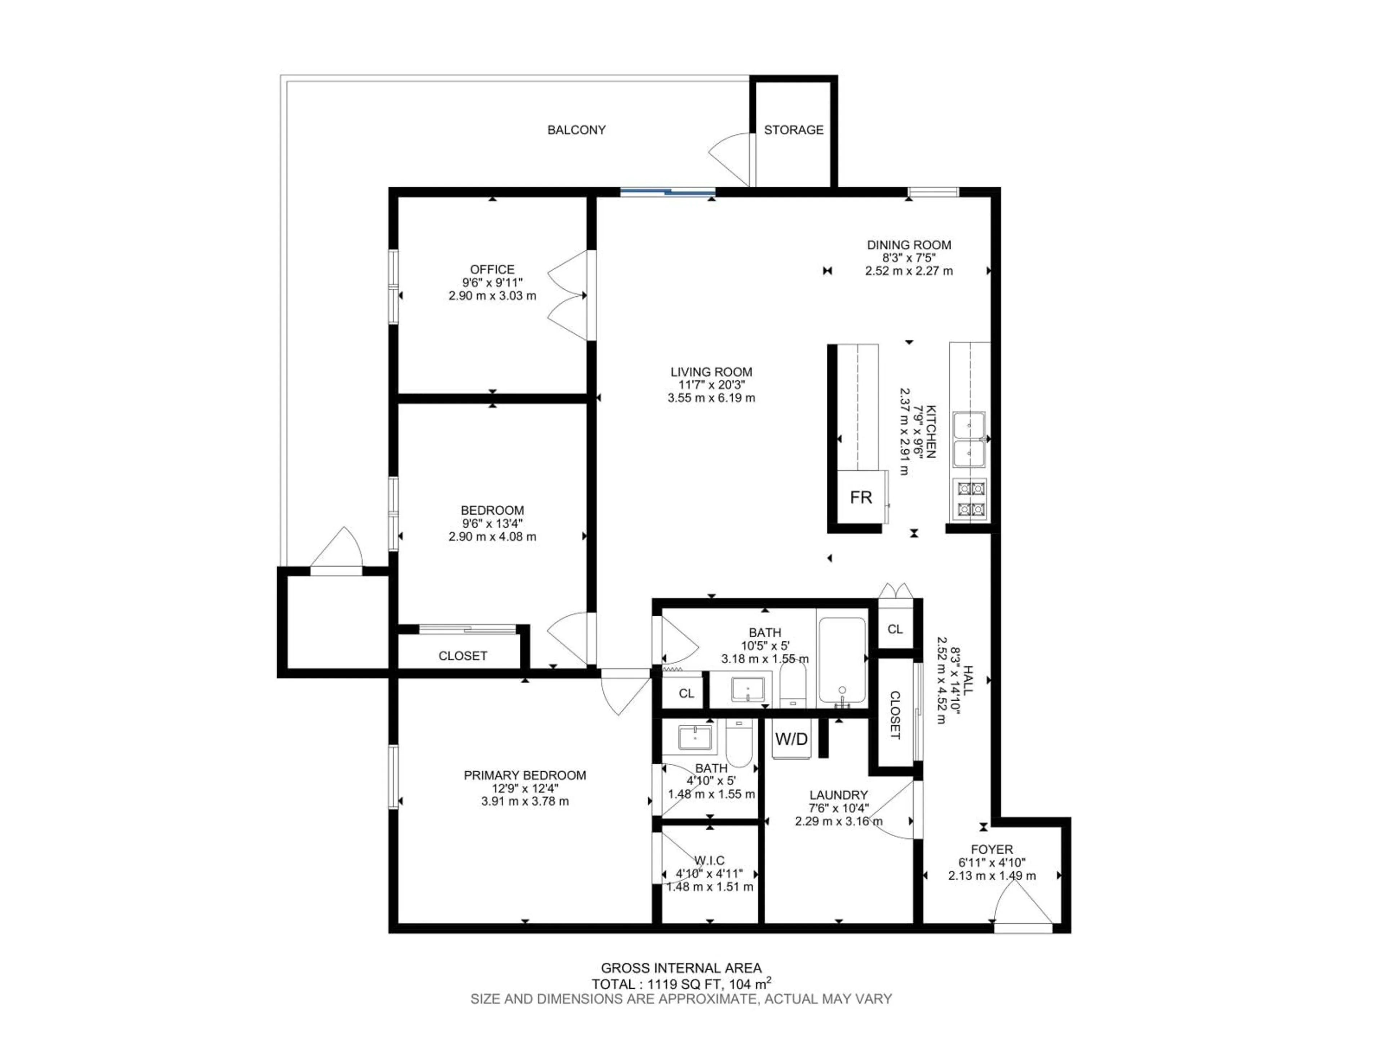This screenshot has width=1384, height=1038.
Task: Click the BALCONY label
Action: pos(576,130)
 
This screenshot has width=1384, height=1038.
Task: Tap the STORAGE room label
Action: pos(793,130)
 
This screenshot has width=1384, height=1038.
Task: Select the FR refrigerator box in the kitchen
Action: pos(861,497)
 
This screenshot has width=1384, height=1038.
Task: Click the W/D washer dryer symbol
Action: pos(791,739)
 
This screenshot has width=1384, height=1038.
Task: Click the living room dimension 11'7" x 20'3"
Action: pos(711,385)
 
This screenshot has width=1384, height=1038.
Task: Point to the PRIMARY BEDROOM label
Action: pos(524,775)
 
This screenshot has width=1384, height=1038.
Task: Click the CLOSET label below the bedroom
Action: pos(462,656)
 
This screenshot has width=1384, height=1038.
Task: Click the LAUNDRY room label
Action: pos(838,795)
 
